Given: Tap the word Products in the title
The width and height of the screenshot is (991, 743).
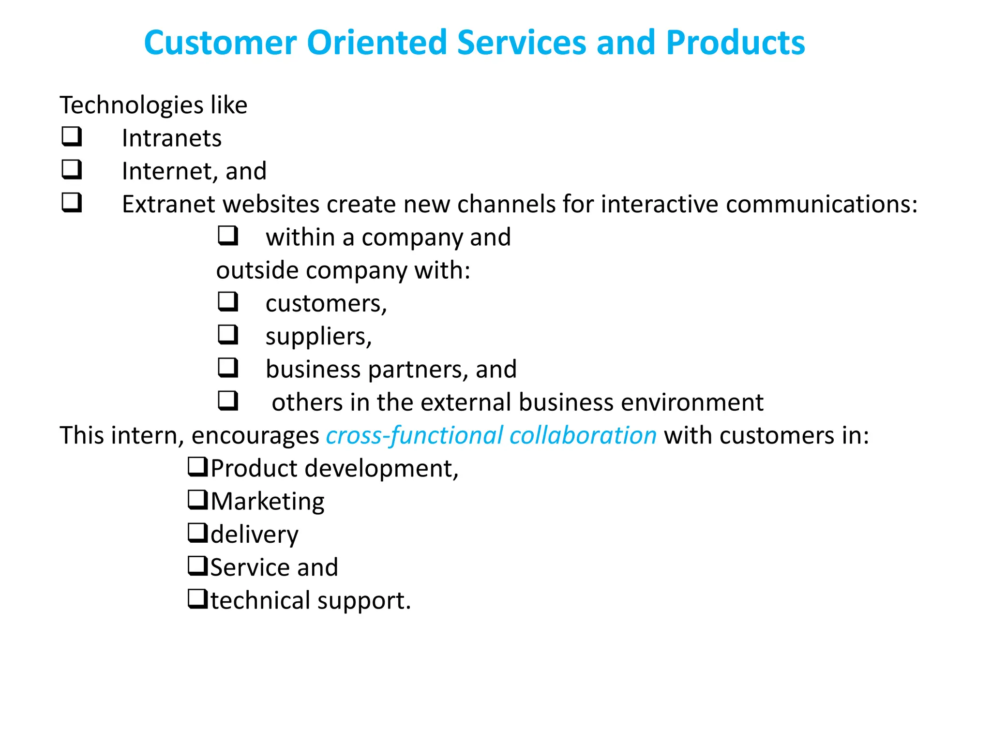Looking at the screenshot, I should click(735, 43).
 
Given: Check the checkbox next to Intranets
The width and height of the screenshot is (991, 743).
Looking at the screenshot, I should click(72, 136).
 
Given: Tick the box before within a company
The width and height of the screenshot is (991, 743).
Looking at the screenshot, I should click(227, 235).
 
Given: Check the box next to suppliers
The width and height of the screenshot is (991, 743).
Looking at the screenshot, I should click(227, 334).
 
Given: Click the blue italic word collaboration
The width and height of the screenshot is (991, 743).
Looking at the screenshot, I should click(583, 435).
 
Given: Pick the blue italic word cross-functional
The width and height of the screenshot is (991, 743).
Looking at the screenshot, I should click(414, 435).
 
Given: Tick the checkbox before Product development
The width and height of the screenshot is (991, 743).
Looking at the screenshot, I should click(197, 467).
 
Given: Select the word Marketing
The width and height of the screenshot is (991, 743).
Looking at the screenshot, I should click(268, 502).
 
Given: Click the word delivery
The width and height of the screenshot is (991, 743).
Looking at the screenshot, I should click(255, 535).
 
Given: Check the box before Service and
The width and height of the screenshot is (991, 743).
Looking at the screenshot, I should click(197, 565).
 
